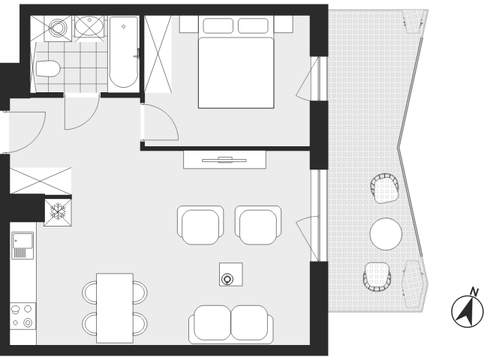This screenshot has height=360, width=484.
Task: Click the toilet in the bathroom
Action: [x=48, y=69]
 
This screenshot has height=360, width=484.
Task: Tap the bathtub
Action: [x=124, y=52]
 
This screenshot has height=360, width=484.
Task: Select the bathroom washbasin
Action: [x=89, y=26]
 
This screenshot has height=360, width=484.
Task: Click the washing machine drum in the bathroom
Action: [x=58, y=28]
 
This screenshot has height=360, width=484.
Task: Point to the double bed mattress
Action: [x=236, y=73]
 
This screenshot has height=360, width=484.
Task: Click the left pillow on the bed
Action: [x=218, y=25]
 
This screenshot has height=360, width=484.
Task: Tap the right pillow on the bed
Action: [x=253, y=25]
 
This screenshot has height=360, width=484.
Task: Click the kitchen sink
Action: [x=23, y=245]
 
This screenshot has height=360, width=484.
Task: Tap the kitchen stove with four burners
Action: [x=23, y=316]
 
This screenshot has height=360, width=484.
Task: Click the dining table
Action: [x=115, y=307]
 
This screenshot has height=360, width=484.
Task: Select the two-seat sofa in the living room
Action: [x=231, y=325]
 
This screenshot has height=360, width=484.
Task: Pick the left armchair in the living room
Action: [x=200, y=225]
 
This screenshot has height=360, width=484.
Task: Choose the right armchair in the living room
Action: [x=258, y=225]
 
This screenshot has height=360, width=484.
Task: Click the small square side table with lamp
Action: [x=231, y=274]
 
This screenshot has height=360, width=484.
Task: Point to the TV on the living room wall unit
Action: [x=224, y=160]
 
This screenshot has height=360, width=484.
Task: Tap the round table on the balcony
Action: [x=386, y=234]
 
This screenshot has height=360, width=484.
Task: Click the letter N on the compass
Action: [x=474, y=291]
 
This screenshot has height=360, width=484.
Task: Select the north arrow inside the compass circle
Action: [x=465, y=311]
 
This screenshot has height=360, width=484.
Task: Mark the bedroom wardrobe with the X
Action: [x=158, y=54]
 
